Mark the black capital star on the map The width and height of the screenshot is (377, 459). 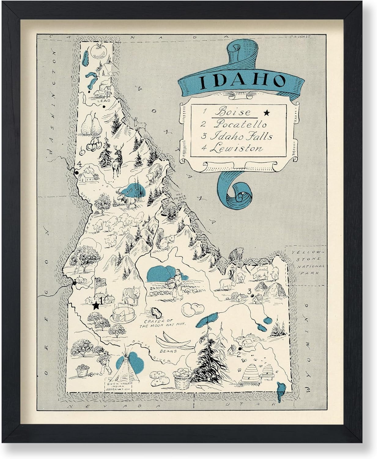click(x=96, y=304)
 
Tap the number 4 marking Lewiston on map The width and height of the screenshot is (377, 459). click(x=79, y=164)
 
